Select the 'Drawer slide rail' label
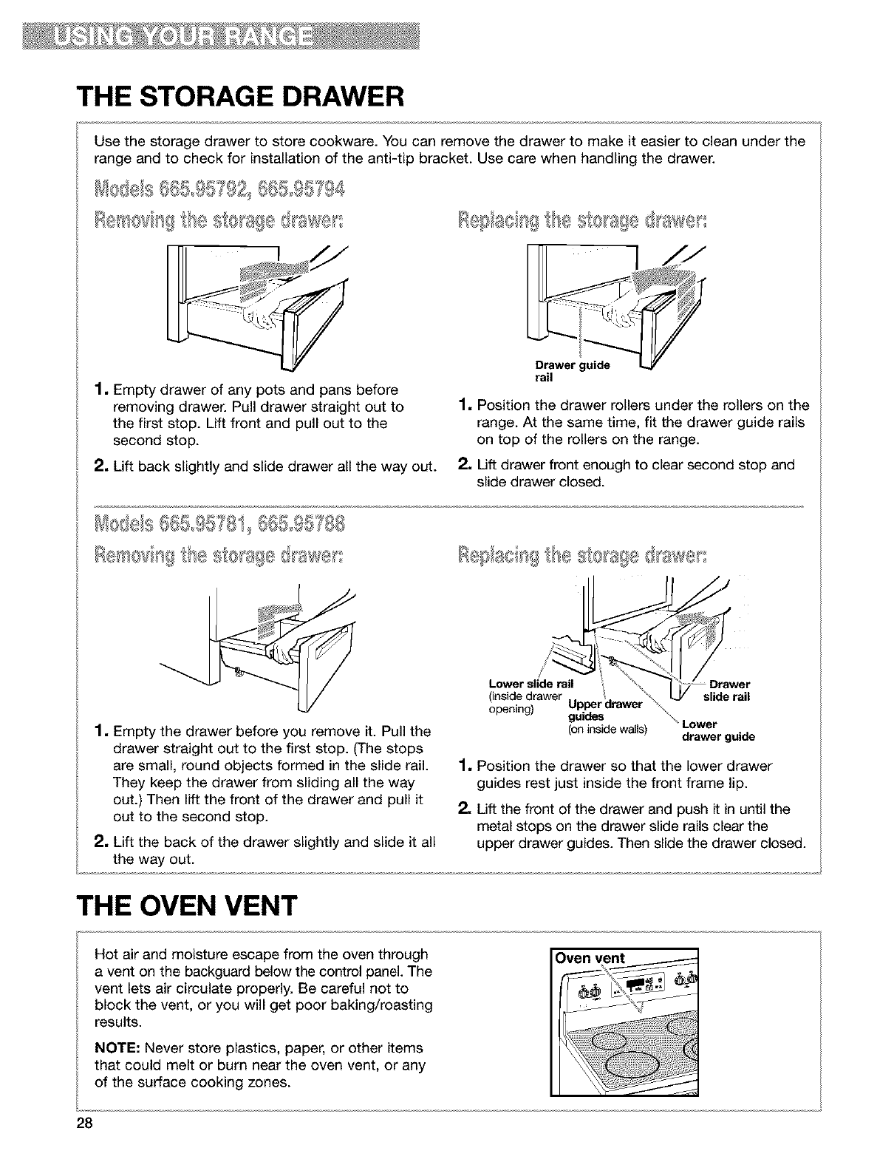click(727, 690)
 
